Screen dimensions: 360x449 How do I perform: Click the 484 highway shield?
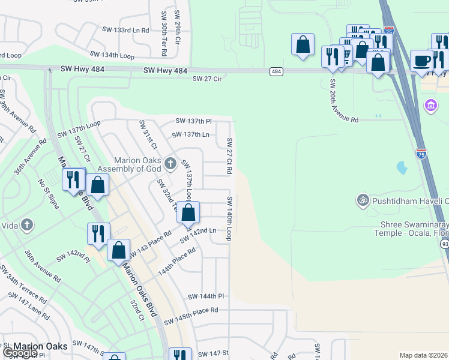(x=276, y=71)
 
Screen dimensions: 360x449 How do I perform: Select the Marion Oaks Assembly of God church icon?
(x=170, y=163)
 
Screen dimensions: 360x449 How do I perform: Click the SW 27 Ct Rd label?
(x=229, y=156)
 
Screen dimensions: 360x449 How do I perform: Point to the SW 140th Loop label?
(x=229, y=217)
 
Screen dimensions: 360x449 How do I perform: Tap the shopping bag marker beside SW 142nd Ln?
(x=188, y=212)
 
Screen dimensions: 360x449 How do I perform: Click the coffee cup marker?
(x=421, y=60)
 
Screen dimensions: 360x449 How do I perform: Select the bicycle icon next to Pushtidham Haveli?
(x=362, y=200)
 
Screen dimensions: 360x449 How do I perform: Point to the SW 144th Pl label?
(x=205, y=296)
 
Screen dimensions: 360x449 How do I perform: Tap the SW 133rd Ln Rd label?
(x=125, y=30)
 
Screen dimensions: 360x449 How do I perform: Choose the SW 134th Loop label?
(x=112, y=55)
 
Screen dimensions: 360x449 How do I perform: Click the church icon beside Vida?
(x=26, y=225)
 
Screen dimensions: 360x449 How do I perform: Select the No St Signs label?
(x=49, y=194)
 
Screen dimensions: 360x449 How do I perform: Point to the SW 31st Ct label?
(x=148, y=134)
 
